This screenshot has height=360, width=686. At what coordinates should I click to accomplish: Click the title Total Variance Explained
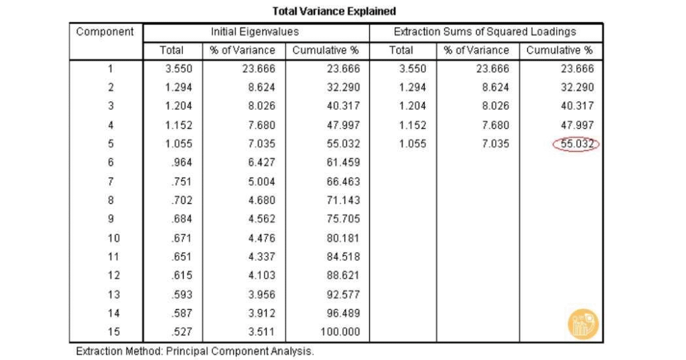334,11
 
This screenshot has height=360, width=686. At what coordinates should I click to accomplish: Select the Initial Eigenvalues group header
255,32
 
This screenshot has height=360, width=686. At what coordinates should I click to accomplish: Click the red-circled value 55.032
577,143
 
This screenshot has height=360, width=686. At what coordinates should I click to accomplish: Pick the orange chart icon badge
583,324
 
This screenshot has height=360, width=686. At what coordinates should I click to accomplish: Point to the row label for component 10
111,238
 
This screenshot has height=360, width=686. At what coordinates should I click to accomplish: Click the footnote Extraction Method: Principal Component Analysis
195,351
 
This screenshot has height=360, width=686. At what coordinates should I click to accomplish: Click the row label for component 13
111,294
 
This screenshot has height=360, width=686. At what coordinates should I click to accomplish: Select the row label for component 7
111,181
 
